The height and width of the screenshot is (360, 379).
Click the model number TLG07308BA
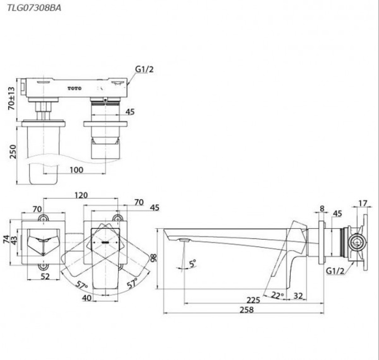pos(34,8)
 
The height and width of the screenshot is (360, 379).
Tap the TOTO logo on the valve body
pos(74,88)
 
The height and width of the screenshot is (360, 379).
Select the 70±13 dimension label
pos(12,98)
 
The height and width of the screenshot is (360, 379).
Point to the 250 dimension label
pos(12,151)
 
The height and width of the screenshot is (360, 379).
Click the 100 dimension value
pos(76,170)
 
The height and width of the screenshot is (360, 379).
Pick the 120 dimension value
pos(81,195)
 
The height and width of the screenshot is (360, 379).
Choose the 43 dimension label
pos(14,240)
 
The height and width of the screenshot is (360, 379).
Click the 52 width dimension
pos(45,276)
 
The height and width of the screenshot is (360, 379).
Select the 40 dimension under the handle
pos(87,298)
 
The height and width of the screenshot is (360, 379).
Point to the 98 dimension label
pos(154,258)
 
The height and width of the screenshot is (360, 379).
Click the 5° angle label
pos(193,263)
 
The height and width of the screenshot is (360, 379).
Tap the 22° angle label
pos(277,295)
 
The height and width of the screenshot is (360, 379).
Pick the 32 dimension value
pos(298,295)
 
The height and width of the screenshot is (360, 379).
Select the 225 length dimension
pos(253,300)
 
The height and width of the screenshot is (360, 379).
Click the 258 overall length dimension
pos(247,310)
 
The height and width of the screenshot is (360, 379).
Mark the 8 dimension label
pos(322,208)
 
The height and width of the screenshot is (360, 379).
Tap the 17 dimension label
pos(363,203)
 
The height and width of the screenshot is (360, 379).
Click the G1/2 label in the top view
pos(144,70)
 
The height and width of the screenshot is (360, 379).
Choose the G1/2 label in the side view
pos(335,271)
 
